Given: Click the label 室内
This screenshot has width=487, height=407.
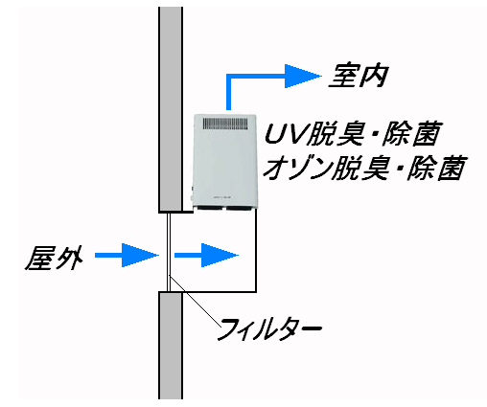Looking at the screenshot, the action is pyautogui.click(x=359, y=77).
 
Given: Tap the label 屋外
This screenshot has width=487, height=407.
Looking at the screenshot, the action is pyautogui.click(x=55, y=259).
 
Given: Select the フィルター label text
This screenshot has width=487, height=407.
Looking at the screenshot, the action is pyautogui.click(x=269, y=329).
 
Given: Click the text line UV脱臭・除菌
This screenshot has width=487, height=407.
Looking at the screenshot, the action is pyautogui.click(x=354, y=133).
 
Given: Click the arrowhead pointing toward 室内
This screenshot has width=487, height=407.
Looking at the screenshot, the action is pyautogui.click(x=303, y=76).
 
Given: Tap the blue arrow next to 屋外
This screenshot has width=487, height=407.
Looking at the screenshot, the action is pyautogui.click(x=127, y=255).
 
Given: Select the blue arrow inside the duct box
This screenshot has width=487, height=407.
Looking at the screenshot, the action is pyautogui.click(x=206, y=255).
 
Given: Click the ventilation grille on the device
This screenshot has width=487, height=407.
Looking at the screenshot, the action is pyautogui.click(x=225, y=124).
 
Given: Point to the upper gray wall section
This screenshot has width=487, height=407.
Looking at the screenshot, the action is pyautogui.click(x=171, y=109).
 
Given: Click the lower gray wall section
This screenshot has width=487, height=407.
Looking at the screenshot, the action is pyautogui.click(x=171, y=346).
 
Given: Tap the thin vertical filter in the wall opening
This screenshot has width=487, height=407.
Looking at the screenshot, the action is pyautogui.click(x=169, y=252).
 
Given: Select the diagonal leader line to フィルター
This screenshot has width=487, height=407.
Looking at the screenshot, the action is pyautogui.click(x=195, y=302).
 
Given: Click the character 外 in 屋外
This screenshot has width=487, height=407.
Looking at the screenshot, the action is pyautogui.click(x=69, y=259).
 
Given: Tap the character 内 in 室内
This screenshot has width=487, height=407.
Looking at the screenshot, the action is pyautogui.click(x=374, y=77).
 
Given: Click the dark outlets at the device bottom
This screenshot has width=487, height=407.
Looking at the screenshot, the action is pyautogui.click(x=226, y=209).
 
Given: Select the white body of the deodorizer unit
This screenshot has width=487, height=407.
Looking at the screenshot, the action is pyautogui.click(x=225, y=161).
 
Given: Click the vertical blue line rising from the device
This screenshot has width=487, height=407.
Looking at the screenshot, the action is pyautogui.click(x=228, y=93).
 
